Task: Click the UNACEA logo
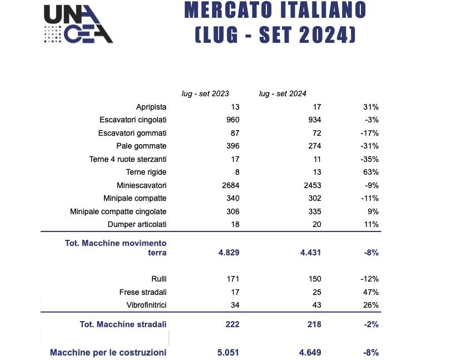point(78,24)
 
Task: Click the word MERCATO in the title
point(228,10)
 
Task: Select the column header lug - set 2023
point(205,93)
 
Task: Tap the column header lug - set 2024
point(282,93)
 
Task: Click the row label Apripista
point(151,107)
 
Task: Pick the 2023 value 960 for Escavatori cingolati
point(232,120)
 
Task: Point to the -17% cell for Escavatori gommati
point(369,133)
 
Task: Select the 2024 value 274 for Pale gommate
point(314,146)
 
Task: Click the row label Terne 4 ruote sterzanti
point(128,159)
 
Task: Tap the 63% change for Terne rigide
point(371,172)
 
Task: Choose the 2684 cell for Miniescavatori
point(231,185)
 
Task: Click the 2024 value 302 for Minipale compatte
point(314,198)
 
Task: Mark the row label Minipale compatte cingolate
point(118,211)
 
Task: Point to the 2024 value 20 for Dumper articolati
point(317,224)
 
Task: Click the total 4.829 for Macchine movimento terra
point(229,253)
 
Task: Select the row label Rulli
point(159,279)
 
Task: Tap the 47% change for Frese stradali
point(371,292)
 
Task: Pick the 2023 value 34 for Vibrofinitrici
point(235,305)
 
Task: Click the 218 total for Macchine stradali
point(314,324)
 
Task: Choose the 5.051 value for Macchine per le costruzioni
point(228,353)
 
